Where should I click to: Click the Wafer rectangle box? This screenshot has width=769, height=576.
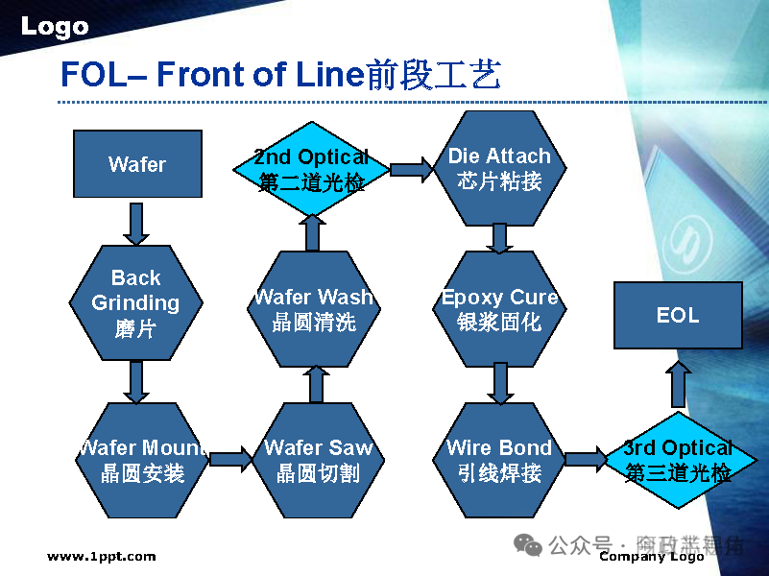[137, 164]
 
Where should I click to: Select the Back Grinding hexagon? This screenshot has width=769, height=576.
[135, 303]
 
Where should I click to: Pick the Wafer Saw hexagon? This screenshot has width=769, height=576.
[318, 460]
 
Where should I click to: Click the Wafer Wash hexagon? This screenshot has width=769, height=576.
[313, 309]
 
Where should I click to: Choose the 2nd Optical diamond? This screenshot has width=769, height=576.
[311, 169]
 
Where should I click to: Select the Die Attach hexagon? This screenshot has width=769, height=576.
[499, 168]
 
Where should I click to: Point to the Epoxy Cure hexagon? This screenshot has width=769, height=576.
[499, 309]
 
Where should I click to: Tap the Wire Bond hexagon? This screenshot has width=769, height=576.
[499, 460]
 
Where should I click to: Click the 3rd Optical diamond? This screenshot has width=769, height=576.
[678, 460]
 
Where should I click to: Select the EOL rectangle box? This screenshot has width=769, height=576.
[678, 315]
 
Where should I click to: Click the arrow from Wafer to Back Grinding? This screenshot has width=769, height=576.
[136, 223]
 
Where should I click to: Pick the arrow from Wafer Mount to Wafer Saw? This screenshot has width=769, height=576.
[229, 460]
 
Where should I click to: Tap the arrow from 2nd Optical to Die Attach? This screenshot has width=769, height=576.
[412, 170]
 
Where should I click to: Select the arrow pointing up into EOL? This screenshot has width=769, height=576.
[679, 383]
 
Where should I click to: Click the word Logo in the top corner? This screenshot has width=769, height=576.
[54, 27]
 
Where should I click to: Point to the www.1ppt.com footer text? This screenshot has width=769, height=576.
[101, 556]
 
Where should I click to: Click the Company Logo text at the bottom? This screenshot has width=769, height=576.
[651, 557]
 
